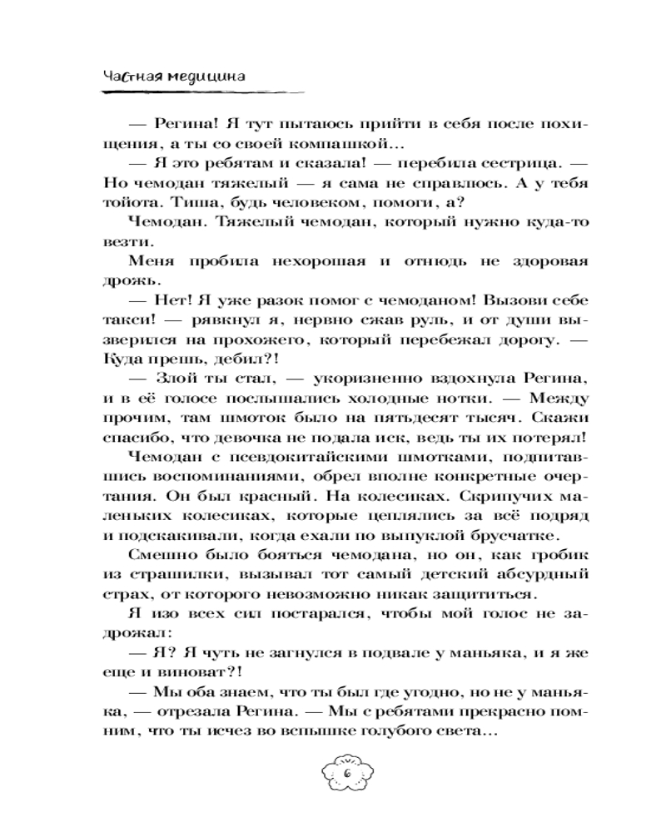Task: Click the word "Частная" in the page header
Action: pyautogui.click(x=132, y=75)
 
